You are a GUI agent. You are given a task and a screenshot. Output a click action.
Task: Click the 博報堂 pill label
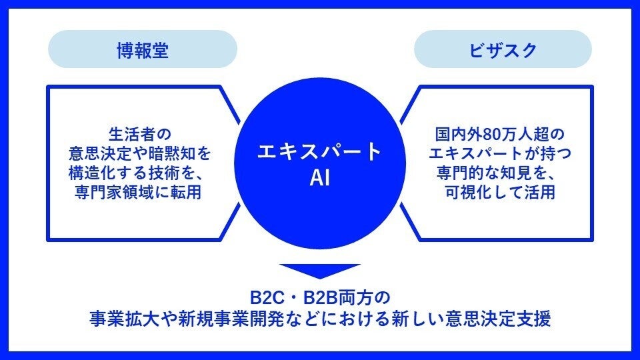coord(142,51)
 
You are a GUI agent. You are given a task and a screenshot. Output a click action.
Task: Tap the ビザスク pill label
coord(503,51)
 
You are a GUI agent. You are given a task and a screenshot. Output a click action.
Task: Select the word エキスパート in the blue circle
coord(320,151)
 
